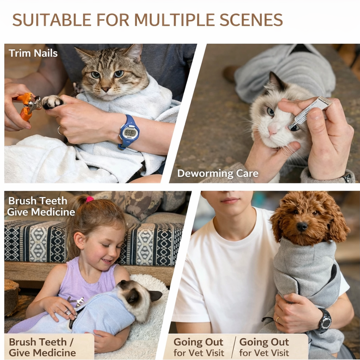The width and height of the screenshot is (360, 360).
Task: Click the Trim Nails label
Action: click(33, 53)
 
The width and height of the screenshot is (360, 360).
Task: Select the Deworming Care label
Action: click(217, 173)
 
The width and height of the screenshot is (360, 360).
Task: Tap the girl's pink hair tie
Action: click(89, 199)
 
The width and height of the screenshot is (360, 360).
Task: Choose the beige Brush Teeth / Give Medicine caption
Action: click(43, 347)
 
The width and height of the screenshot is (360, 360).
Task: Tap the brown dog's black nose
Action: click(301, 226)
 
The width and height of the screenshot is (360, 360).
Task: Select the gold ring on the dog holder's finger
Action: click(278, 319)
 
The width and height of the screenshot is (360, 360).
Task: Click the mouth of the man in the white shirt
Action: click(230, 201)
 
